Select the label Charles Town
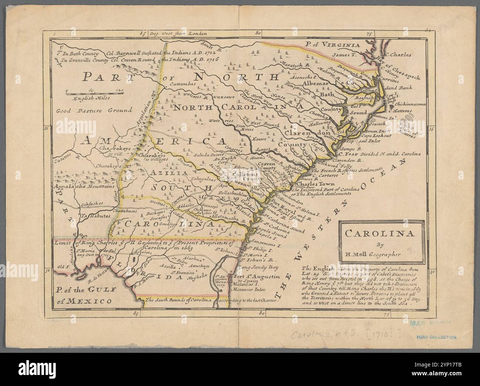point(316,184)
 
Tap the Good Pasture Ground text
point(94,110)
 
